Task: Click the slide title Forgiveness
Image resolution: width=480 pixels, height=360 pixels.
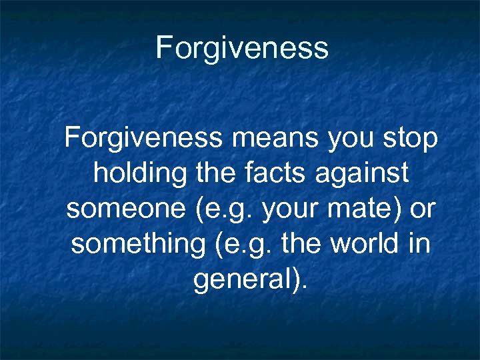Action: click(x=241, y=48)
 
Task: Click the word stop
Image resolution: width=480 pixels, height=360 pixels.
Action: click(x=410, y=139)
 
